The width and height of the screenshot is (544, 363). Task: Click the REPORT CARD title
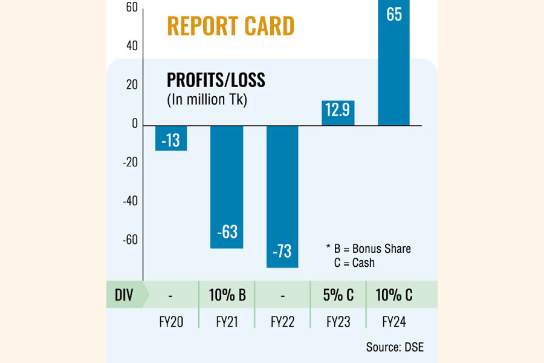[230, 26]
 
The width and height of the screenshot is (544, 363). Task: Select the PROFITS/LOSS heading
[216, 80]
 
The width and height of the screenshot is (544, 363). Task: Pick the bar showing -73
[282, 196]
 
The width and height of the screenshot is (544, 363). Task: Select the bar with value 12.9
[338, 113]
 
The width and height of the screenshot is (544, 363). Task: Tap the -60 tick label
[129, 240]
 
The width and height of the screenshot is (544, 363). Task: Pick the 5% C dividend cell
[338, 295]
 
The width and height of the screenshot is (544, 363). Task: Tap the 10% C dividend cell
[393, 295]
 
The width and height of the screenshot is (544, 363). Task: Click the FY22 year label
[282, 322]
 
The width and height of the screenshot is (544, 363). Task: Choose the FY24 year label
[393, 322]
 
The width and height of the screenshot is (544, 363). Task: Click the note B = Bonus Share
[368, 249]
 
